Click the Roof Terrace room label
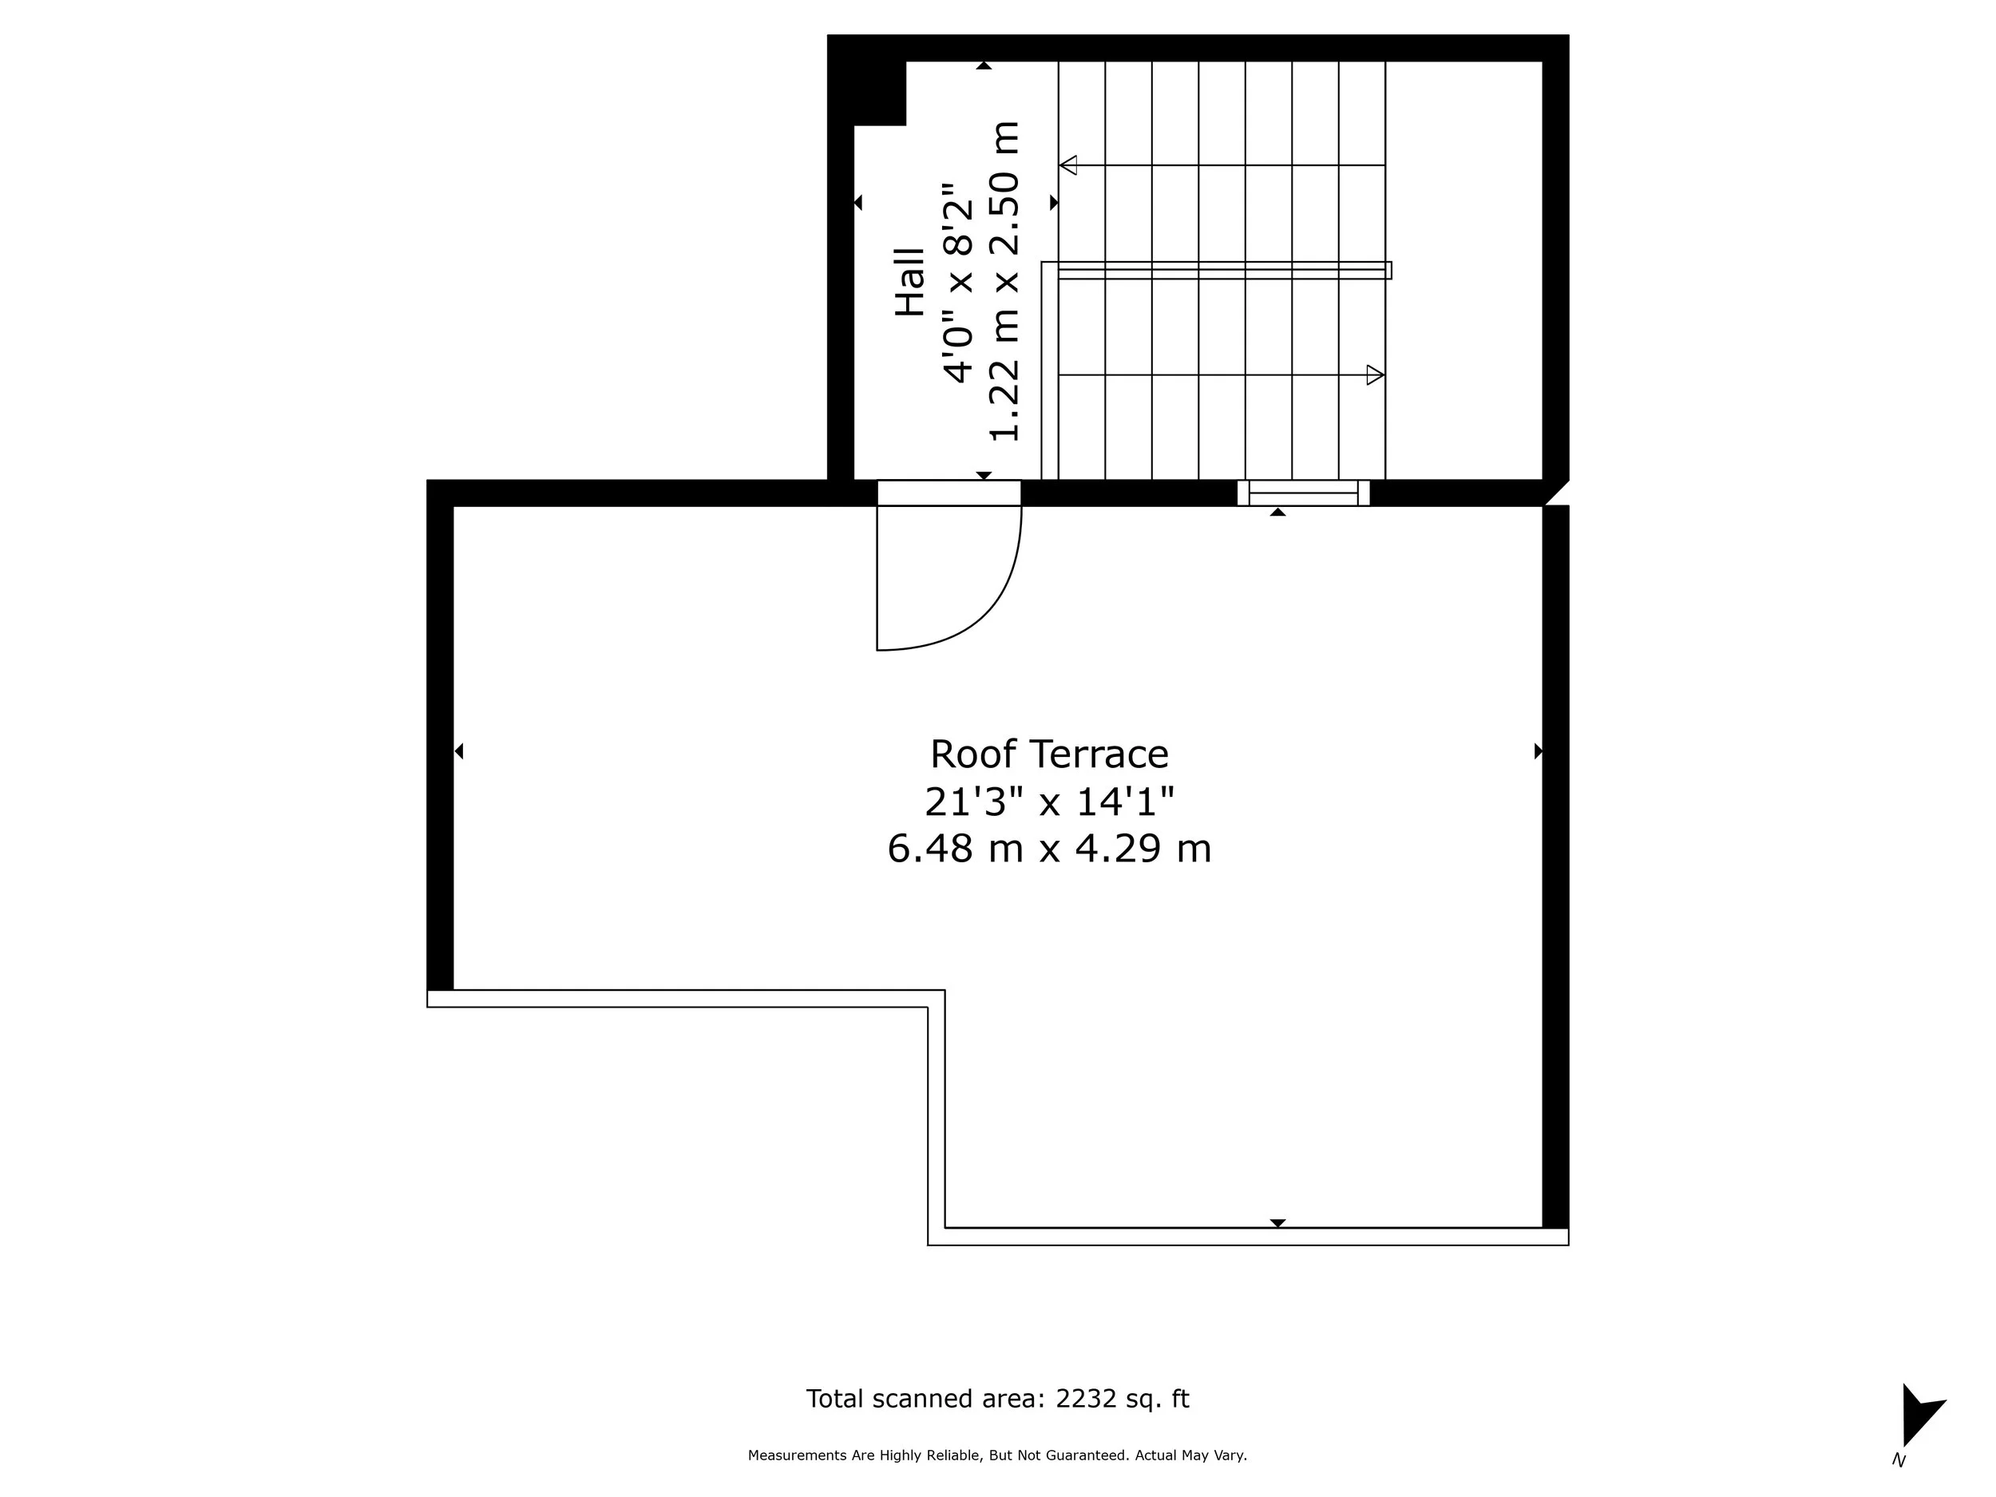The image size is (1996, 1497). pos(1048,754)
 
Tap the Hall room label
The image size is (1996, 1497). pos(910,282)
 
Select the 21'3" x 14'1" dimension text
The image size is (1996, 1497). pos(1048,802)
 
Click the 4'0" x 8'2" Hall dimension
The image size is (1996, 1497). pos(958,283)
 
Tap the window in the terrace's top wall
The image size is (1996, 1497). pos(1303,493)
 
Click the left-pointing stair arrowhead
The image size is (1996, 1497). pos(1068,165)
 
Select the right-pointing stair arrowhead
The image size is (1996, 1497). pos(1374,374)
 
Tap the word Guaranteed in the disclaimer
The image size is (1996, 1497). pos(1088,1455)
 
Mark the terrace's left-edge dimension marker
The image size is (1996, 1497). pos(458,750)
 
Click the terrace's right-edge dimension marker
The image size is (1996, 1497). pos(1538,750)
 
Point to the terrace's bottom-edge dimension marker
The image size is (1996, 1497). pos(1277,1222)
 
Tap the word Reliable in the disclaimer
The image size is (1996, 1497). pos(952,1455)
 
